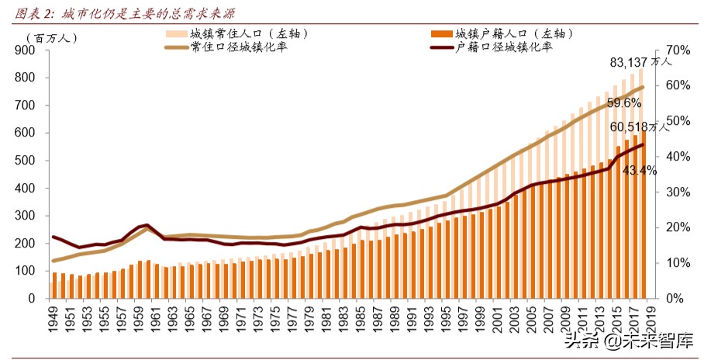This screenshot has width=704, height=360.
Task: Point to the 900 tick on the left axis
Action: click(x=26, y=50)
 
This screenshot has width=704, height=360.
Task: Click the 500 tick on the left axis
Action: click(x=26, y=161)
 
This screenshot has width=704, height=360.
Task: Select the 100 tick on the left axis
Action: click(x=26, y=271)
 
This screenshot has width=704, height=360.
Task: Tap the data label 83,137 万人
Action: click(x=640, y=62)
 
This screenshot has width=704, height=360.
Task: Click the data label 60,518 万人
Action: click(x=640, y=127)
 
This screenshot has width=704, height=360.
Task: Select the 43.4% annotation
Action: click(x=640, y=170)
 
